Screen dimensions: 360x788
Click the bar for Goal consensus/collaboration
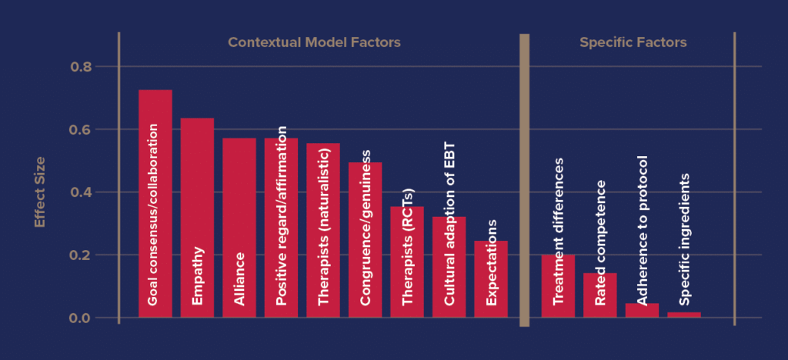(155, 203)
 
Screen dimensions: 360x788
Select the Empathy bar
(197, 217)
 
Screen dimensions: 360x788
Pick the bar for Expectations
(490, 278)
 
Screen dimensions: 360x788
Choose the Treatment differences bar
(558, 285)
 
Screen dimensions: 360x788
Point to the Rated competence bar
(599, 295)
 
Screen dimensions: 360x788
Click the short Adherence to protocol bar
(642, 310)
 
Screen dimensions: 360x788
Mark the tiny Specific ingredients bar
(683, 315)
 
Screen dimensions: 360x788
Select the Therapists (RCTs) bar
(406, 262)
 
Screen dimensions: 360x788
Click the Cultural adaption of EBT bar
(449, 266)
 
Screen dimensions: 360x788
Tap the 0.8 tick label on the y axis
(81, 67)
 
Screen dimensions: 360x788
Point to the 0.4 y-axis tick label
(81, 192)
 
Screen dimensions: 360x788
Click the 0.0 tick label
(81, 318)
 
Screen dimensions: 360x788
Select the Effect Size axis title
(40, 192)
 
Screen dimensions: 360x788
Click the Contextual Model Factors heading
(314, 43)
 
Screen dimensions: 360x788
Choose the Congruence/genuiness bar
(365, 239)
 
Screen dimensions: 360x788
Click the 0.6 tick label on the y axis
(81, 129)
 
